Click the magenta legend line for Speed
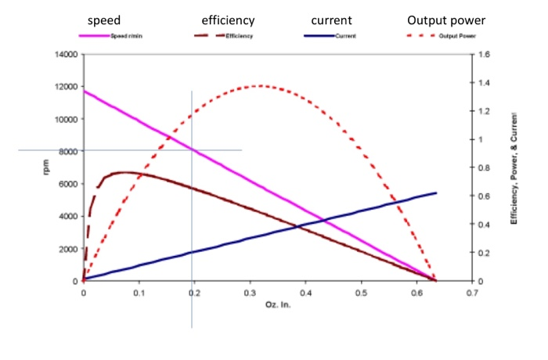93,36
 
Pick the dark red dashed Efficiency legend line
207,36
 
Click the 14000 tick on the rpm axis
64,55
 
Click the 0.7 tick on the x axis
471,293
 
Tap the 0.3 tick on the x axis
250,293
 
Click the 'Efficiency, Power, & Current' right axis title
515,167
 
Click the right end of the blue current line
435,193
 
